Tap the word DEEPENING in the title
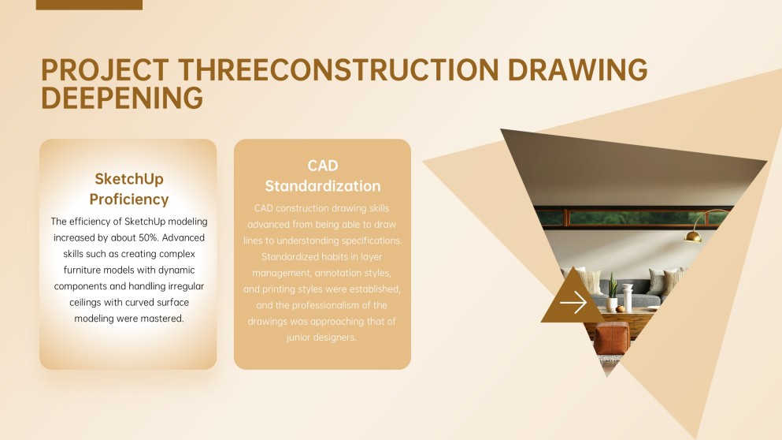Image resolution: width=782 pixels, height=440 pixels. pyautogui.click(x=122, y=98)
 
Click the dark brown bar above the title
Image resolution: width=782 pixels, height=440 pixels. pyautogui.click(x=89, y=5)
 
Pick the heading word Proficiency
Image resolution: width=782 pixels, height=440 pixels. pyautogui.click(x=129, y=199)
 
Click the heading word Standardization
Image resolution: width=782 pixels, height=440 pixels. pyautogui.click(x=323, y=186)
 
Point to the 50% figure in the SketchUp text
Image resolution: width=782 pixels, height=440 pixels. pyautogui.click(x=147, y=237)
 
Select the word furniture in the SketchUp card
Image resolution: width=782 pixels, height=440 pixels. pyautogui.click(x=82, y=270)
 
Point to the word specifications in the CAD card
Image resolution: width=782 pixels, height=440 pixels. pyautogui.click(x=371, y=241)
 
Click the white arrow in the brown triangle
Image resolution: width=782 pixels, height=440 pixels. pyautogui.click(x=573, y=302)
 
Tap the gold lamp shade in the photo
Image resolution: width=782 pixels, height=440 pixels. pyautogui.click(x=693, y=237)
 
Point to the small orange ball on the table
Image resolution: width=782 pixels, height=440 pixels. pyautogui.click(x=621, y=309)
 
